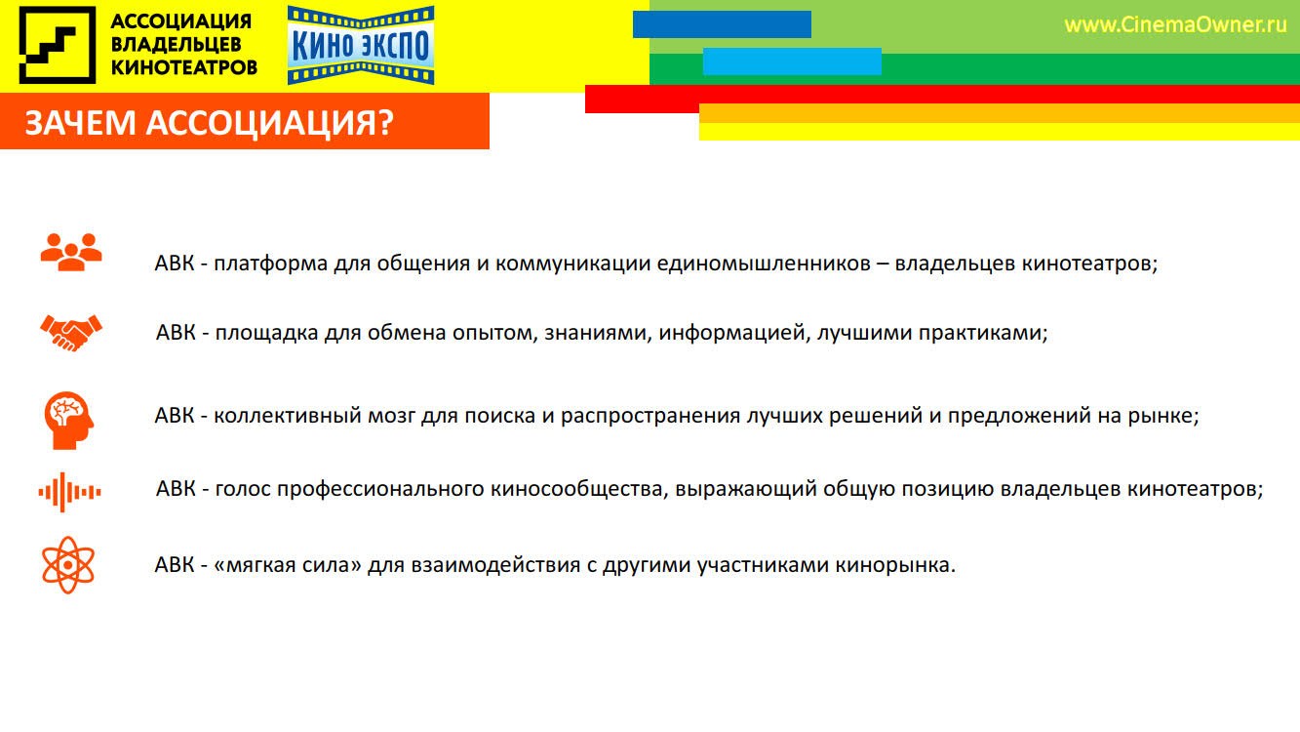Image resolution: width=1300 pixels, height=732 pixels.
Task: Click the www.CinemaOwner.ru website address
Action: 1175,25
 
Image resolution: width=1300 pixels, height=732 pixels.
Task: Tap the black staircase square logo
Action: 58,45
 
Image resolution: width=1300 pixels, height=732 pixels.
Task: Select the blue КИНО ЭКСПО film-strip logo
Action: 361,45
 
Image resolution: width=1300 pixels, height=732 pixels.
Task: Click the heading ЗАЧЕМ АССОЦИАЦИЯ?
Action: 209,123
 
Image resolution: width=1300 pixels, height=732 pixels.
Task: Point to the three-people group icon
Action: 71,252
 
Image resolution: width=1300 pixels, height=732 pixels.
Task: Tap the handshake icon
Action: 71,333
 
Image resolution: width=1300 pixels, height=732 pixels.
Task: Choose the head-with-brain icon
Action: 69,420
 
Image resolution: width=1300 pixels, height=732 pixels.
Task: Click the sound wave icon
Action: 69,492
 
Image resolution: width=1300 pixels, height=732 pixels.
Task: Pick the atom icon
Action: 68,565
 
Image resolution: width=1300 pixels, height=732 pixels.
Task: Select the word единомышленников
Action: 764,264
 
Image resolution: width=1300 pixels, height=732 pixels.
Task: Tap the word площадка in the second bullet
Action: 266,333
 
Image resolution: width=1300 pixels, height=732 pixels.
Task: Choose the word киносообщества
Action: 579,489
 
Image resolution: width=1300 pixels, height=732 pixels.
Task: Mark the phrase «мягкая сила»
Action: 288,565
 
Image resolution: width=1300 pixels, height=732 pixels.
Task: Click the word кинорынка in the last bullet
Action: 895,565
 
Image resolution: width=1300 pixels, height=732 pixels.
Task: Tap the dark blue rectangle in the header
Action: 722,24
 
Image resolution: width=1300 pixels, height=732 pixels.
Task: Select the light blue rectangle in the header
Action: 792,61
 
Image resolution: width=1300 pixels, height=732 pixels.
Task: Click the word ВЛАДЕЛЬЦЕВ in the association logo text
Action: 176,45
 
